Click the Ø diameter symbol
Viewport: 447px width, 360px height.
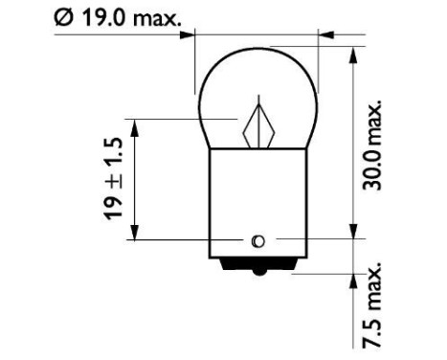click(64, 16)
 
